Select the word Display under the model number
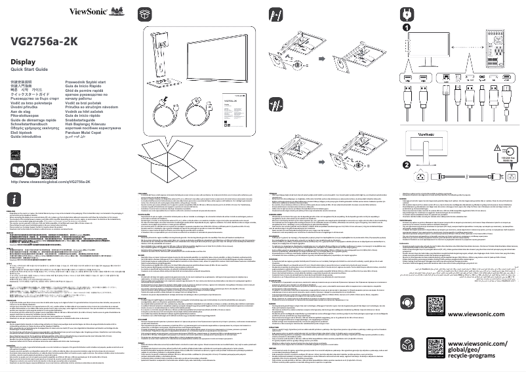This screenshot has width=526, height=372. [x=24, y=61]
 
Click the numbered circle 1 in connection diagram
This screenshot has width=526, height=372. [x=407, y=28]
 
